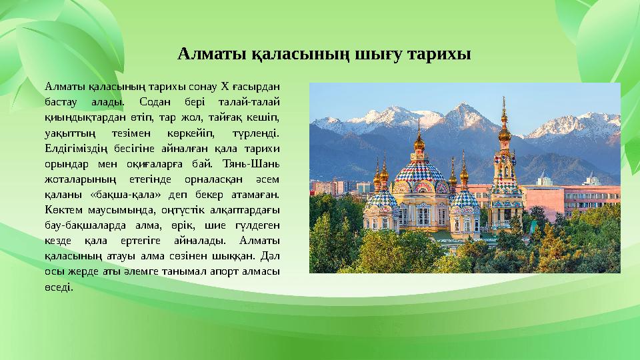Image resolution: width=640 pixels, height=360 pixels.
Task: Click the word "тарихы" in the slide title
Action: [439, 54]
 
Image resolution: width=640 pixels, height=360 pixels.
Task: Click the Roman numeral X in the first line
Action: [225, 85]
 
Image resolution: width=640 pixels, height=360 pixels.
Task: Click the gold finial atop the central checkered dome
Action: [419, 141]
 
